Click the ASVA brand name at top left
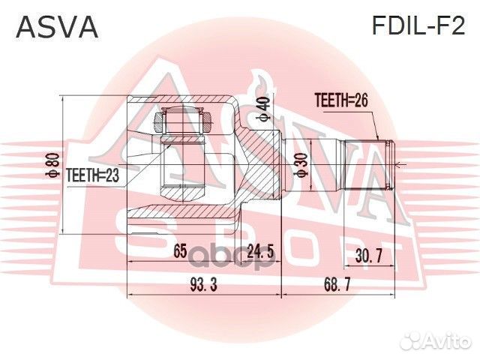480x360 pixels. click(x=57, y=28)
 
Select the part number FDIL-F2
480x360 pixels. click(x=418, y=27)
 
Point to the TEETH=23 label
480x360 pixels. click(x=94, y=175)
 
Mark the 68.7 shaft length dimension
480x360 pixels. click(x=335, y=285)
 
